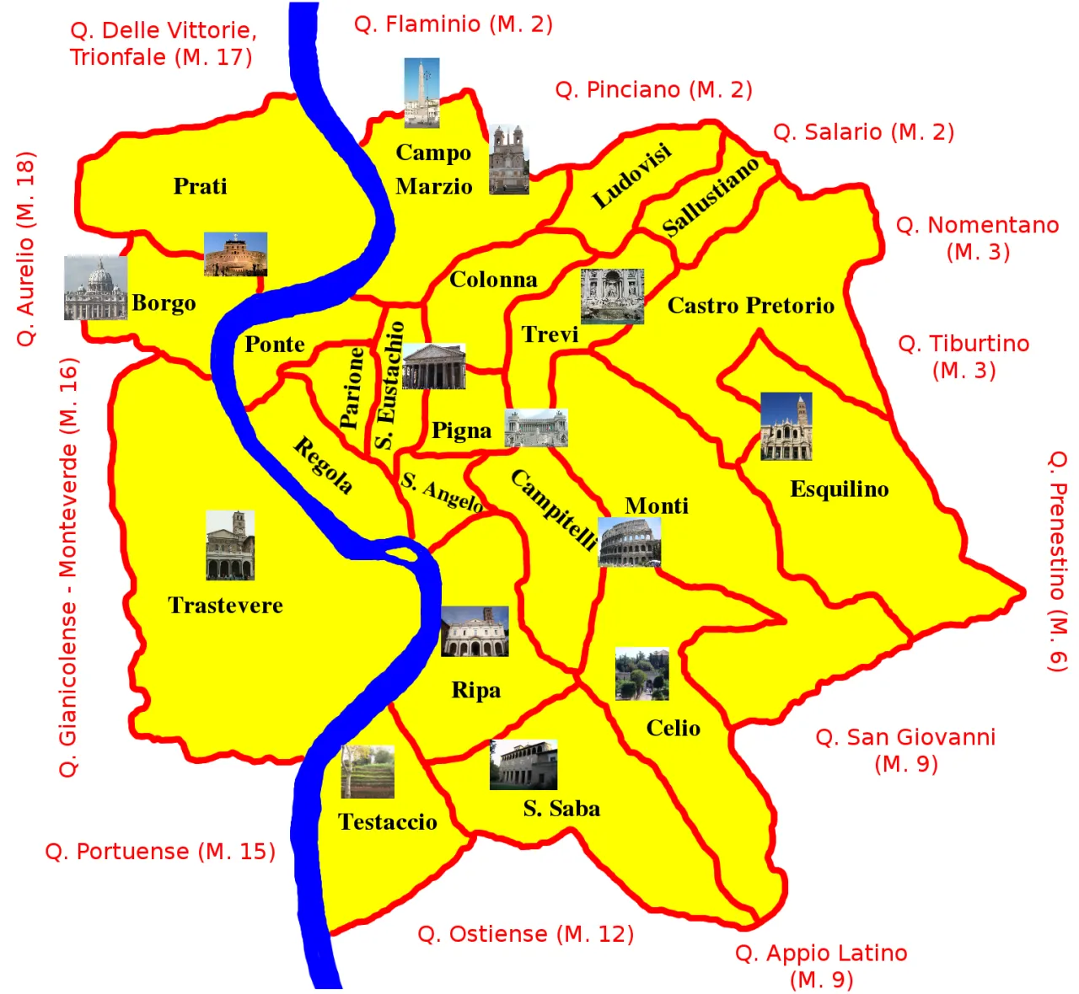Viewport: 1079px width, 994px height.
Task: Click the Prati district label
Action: [200, 185]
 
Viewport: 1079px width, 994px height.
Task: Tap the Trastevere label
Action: [225, 605]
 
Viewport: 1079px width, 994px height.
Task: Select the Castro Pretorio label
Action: [750, 305]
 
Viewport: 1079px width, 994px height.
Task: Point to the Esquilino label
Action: [839, 489]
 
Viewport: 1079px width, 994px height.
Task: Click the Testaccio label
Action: [387, 821]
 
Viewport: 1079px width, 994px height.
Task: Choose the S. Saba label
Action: [561, 809]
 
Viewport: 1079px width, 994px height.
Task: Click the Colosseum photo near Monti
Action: [629, 542]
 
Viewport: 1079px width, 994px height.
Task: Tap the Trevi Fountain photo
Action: [612, 296]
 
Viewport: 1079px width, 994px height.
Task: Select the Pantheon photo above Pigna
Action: [434, 366]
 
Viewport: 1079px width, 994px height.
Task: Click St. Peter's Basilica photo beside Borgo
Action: [95, 288]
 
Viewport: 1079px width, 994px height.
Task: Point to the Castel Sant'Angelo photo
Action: [235, 254]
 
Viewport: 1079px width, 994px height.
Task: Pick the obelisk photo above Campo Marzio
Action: [421, 93]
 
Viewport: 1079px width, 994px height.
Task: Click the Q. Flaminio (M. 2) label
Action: [454, 24]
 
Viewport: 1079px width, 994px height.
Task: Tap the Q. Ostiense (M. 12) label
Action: [525, 933]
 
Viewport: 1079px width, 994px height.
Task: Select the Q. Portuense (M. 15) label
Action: [160, 851]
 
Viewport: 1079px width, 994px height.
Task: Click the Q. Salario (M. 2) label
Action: [863, 131]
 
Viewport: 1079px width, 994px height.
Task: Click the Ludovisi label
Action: [632, 175]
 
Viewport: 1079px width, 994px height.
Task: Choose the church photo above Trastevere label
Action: [230, 545]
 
